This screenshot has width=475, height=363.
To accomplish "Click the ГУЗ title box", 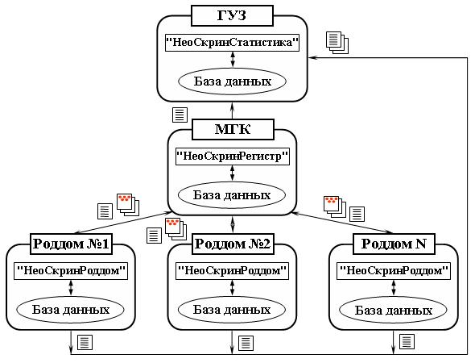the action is pos(232,15).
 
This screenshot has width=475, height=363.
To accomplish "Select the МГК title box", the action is pos(233,129).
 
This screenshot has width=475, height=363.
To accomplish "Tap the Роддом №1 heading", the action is pos(71,244).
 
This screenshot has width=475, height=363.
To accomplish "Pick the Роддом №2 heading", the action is pos(233,244).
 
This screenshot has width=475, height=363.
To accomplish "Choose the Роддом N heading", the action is pos(394,244).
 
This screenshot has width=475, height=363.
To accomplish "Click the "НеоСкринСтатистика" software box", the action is pos(233,43).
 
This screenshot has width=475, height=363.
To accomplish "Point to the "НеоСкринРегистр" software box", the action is pos(233,156).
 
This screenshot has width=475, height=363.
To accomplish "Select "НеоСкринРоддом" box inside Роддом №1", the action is pos(71,271).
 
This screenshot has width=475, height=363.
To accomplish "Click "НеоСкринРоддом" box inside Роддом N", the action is pos(394,271).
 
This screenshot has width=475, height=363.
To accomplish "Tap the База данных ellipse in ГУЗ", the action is pos(233,81).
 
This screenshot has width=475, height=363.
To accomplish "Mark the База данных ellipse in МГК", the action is pos(232,195).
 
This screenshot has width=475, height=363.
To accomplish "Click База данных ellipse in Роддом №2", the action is pos(232,310).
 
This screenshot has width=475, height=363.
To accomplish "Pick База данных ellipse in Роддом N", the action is pos(393,311).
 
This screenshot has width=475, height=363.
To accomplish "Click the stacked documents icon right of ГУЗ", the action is pos(337,43).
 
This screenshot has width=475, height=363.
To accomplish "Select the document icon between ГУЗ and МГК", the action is pos(180,115).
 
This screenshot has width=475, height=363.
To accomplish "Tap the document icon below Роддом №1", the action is pos(85,342).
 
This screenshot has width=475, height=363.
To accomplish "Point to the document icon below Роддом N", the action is pos(407,342).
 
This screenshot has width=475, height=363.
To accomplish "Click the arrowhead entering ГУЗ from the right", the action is pos(312,57).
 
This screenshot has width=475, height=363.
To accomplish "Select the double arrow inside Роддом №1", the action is pos(71,288).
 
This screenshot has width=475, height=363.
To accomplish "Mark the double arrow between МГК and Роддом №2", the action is pos(233,224).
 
